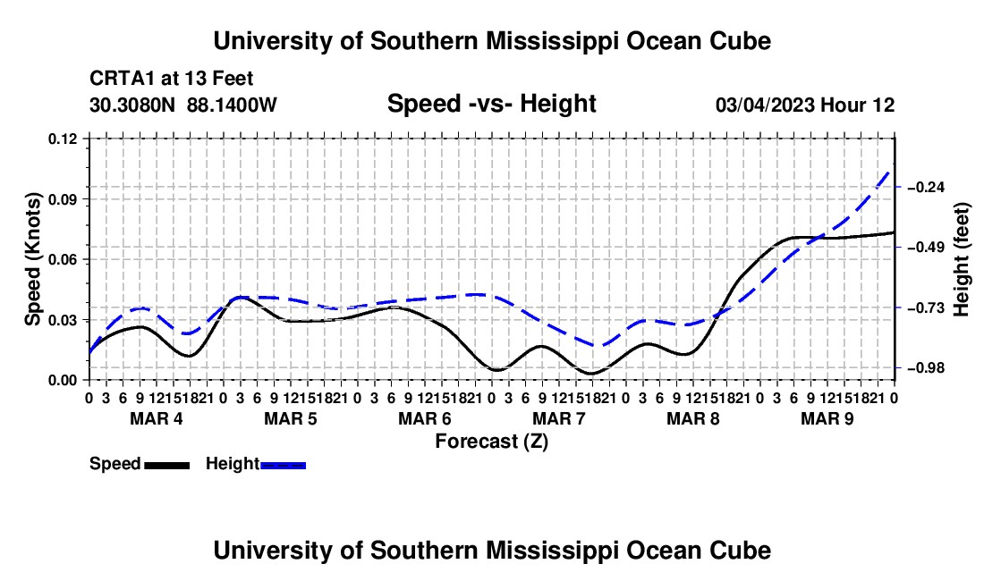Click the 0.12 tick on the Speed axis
coord(63,139)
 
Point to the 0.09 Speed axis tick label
coord(63,199)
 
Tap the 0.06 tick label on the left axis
coord(63,259)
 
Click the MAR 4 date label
coord(157,418)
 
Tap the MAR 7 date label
coord(558,418)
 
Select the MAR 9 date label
coord(827,418)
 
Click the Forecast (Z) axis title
coord(492,442)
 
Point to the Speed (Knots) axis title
coord(32,259)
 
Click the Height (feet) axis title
coord(962,259)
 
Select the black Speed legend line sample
coord(167,465)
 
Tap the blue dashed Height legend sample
coord(283,465)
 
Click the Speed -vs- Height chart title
coord(491,104)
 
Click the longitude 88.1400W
coord(232,105)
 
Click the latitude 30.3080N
coord(132,105)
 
